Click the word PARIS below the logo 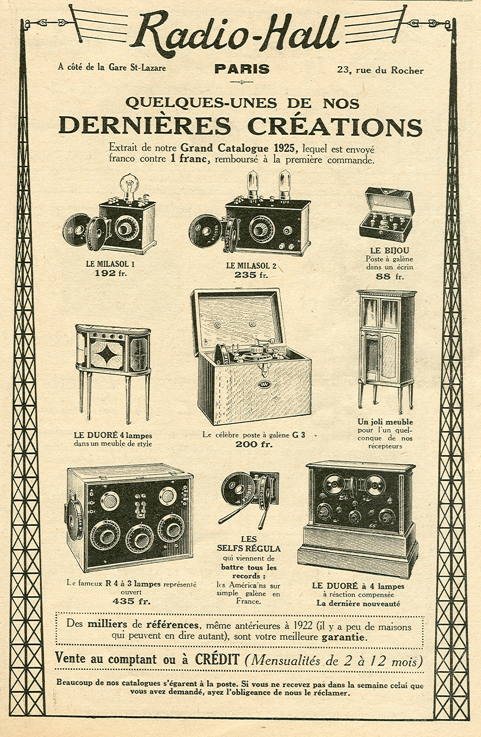point(242,69)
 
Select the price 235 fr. point(251,275)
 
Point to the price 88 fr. point(389,276)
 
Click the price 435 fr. point(131,601)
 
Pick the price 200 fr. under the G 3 point(254,444)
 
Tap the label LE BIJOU point(389,251)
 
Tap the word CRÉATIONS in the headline point(335,126)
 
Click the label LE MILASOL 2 point(251,266)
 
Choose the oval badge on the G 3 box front point(263,385)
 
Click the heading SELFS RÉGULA point(249,548)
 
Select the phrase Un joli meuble point(385,422)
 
